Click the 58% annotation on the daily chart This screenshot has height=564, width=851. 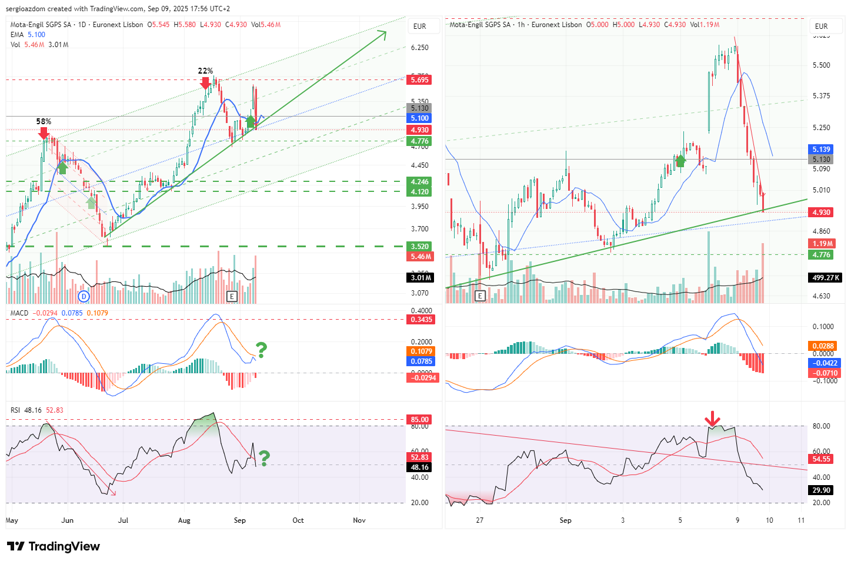(x=44, y=122)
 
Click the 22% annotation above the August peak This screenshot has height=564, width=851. (x=205, y=71)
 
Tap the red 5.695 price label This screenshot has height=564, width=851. (x=420, y=80)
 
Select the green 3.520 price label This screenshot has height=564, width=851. (x=420, y=247)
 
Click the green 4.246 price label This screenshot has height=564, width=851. (x=420, y=182)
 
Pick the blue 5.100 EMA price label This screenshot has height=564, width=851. (x=420, y=118)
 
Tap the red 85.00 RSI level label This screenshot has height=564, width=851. (x=420, y=420)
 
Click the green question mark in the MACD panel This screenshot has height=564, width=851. (x=261, y=350)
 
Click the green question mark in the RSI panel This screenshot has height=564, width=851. (x=264, y=457)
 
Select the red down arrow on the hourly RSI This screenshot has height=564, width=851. (x=712, y=419)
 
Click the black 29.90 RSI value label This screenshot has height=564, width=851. (x=821, y=490)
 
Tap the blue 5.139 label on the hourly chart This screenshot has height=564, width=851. (x=821, y=150)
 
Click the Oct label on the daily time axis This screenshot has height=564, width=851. (x=298, y=520)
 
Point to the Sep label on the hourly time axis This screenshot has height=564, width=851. (x=565, y=520)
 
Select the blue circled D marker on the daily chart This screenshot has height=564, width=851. (x=84, y=296)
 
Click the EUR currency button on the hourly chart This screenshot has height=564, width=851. (x=821, y=26)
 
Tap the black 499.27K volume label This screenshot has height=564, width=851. (x=825, y=278)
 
